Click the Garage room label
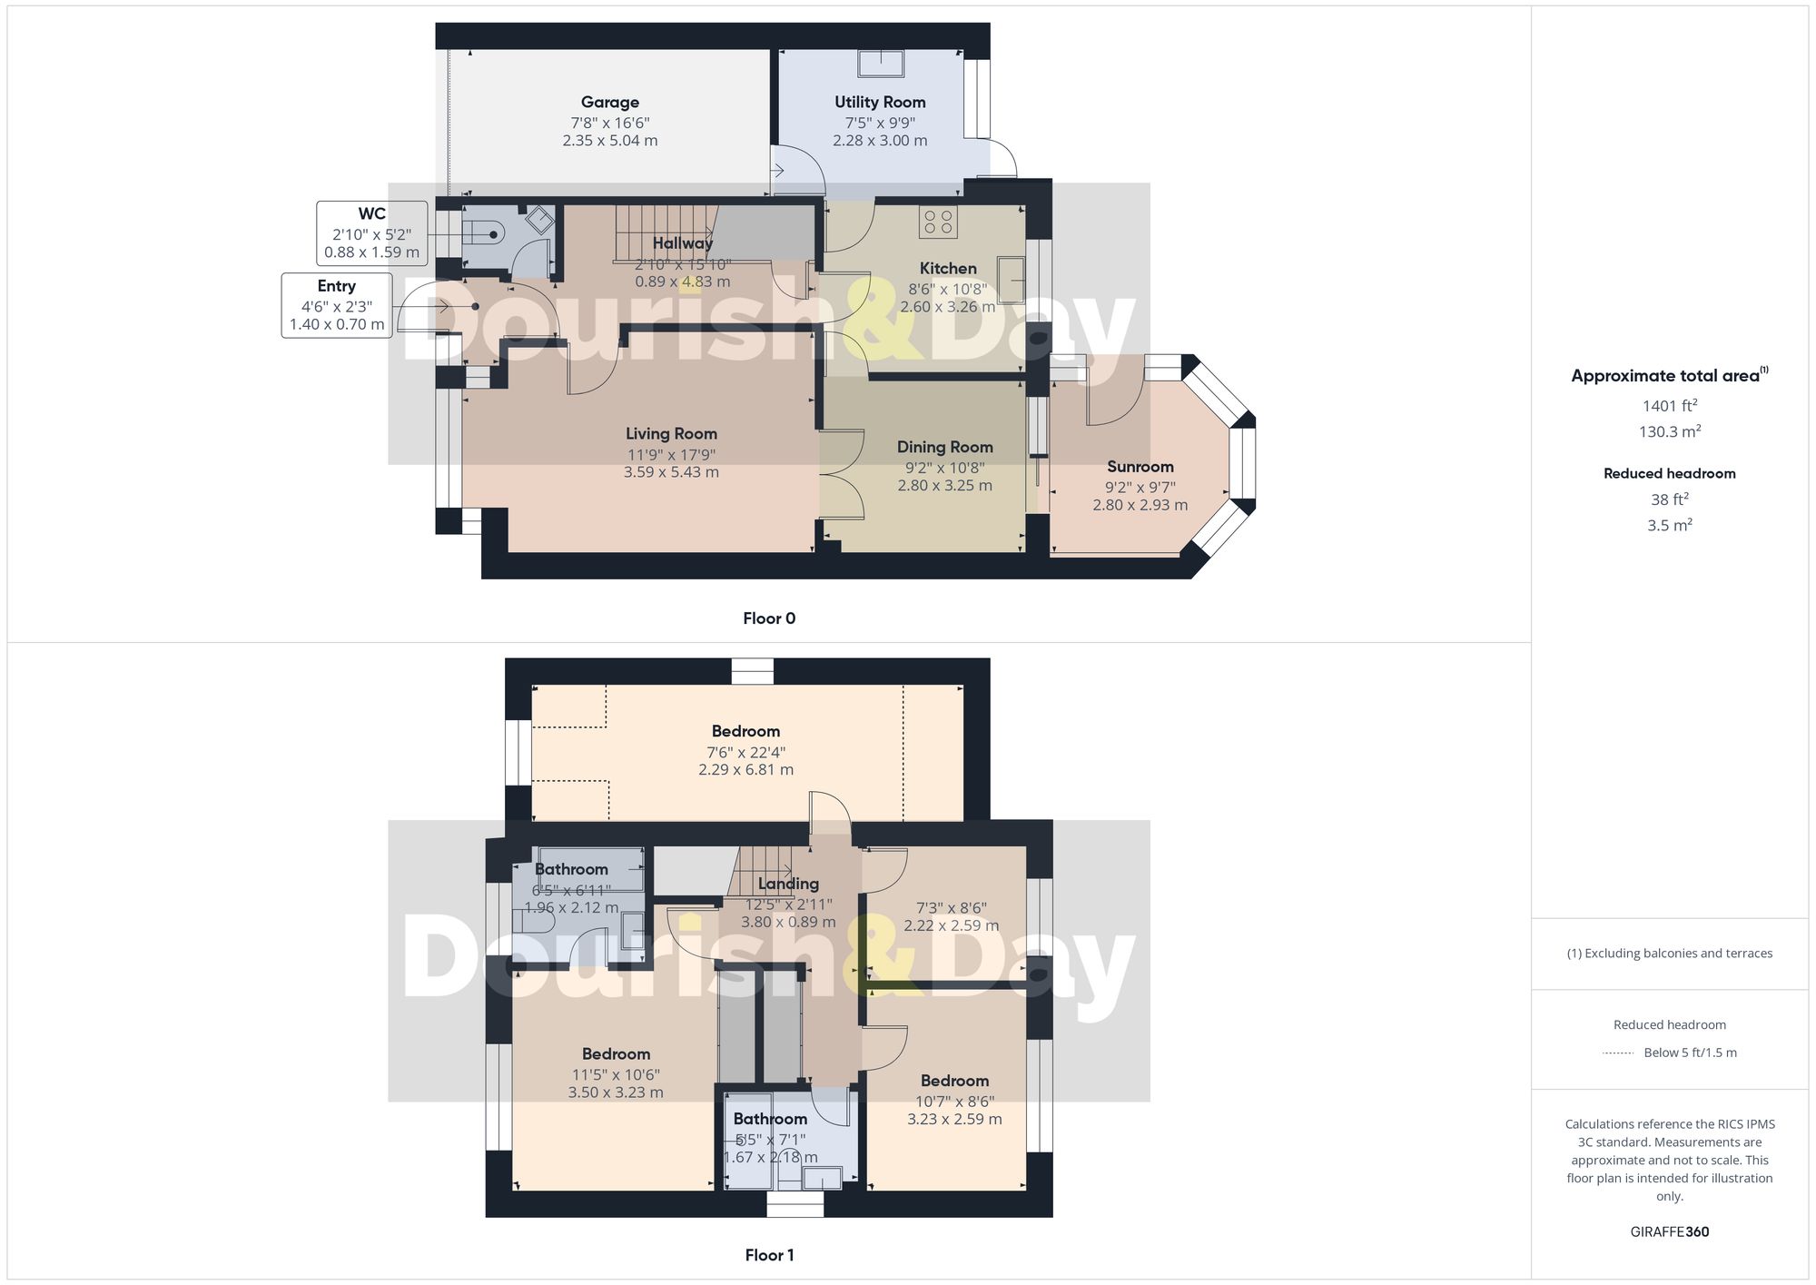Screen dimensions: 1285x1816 [609, 103]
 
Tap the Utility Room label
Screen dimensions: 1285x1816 [880, 103]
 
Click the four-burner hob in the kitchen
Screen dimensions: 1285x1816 [938, 222]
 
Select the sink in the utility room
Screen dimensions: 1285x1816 [880, 64]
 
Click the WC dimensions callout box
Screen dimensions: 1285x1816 [371, 233]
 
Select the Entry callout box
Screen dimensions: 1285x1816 [337, 305]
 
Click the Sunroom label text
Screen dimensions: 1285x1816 [1140, 467]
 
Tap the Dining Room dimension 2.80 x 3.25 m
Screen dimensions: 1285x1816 [944, 486]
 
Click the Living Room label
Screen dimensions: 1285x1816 [671, 434]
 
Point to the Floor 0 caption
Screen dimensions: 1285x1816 [769, 618]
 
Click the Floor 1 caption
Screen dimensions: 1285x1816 [769, 1255]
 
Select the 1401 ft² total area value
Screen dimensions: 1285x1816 [1669, 406]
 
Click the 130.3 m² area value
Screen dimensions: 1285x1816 [1669, 431]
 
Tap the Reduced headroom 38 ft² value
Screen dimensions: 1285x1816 [1669, 499]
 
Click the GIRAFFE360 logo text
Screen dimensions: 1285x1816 [1669, 1231]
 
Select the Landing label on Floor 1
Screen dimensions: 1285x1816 [788, 884]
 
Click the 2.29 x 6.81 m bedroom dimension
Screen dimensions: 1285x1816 [745, 770]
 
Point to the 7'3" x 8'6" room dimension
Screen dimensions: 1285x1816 [951, 907]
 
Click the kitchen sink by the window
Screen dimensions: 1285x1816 [1011, 280]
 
